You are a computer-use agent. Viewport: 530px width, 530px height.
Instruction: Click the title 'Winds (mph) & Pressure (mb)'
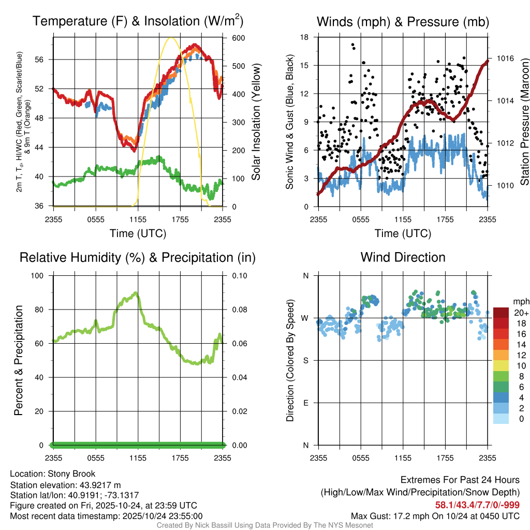click(x=403, y=22)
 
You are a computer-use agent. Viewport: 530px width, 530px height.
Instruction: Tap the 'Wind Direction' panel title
click(x=403, y=257)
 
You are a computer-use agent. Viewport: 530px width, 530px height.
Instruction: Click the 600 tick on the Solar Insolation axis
click(x=239, y=38)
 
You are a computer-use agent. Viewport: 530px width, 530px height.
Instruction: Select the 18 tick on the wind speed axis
click(x=305, y=37)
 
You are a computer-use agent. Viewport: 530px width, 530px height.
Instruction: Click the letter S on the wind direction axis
click(x=306, y=361)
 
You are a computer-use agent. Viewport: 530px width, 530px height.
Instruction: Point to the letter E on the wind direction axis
click(x=306, y=403)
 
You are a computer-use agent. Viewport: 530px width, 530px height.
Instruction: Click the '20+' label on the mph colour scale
click(x=521, y=313)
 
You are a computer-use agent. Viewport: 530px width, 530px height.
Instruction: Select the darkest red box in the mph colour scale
click(x=501, y=313)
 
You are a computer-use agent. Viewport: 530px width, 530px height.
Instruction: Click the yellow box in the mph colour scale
click(x=501, y=366)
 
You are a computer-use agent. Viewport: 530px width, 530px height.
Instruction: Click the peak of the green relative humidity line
click(x=136, y=293)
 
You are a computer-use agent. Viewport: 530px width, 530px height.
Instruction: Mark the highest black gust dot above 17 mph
click(x=352, y=45)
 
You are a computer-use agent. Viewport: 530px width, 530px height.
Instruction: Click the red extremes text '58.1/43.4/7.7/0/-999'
click(x=477, y=505)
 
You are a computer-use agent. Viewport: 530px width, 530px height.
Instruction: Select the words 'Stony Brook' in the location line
click(x=71, y=474)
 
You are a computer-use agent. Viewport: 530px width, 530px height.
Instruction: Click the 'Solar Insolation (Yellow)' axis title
click(x=256, y=122)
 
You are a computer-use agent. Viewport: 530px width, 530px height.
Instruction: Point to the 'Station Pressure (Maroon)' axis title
click(x=524, y=122)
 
